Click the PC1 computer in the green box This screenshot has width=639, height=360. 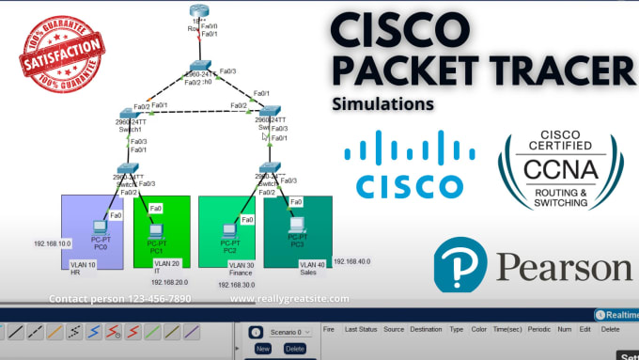pyautogui.click(x=156, y=228)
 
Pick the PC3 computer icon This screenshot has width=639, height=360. pyautogui.click(x=297, y=226)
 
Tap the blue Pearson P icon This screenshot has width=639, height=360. pyautogui.click(x=460, y=264)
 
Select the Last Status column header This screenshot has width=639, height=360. pyautogui.click(x=362, y=330)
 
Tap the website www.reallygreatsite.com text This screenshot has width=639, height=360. pyautogui.click(x=289, y=299)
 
